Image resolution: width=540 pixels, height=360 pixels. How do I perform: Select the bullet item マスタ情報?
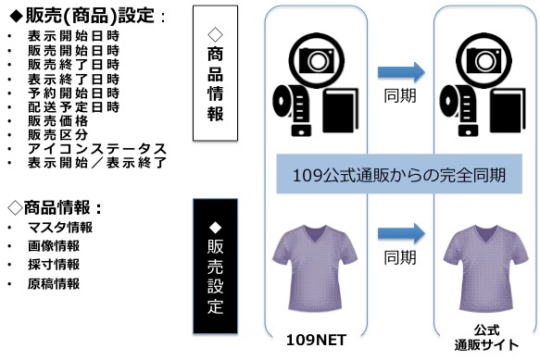coord(61,228)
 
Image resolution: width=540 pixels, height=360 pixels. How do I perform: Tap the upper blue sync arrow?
coord(401,71)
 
